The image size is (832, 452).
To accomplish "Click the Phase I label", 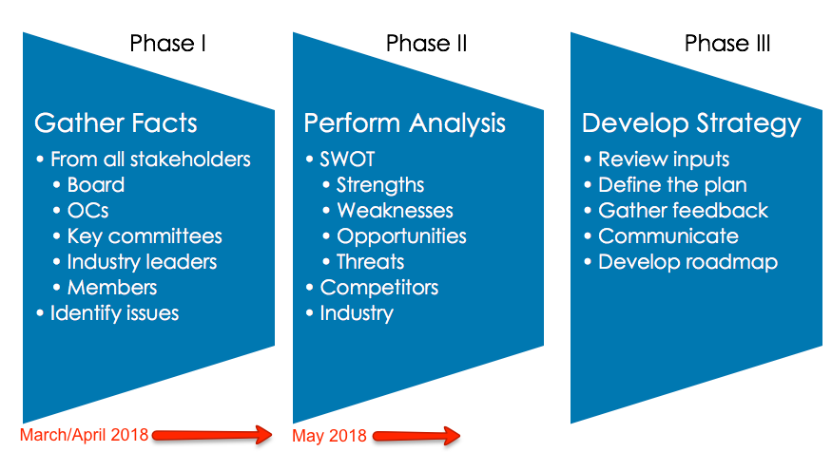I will pyautogui.click(x=168, y=43).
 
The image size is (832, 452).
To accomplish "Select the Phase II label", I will pyautogui.click(x=426, y=43).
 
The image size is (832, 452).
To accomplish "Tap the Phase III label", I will pyautogui.click(x=727, y=43).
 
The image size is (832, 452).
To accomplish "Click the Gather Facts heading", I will pyautogui.click(x=116, y=122).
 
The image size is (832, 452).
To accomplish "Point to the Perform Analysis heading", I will pyautogui.click(x=404, y=122).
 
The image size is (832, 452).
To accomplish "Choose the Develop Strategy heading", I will pyautogui.click(x=691, y=123).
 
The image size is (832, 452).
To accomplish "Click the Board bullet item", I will pyautogui.click(x=95, y=184).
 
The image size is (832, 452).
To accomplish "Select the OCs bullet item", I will pyautogui.click(x=89, y=210).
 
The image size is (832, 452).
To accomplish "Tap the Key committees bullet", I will pyautogui.click(x=144, y=235).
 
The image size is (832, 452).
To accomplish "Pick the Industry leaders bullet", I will pyautogui.click(x=142, y=261).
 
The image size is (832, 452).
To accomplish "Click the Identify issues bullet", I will pyautogui.click(x=114, y=312).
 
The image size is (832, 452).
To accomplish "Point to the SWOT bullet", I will pyautogui.click(x=347, y=159).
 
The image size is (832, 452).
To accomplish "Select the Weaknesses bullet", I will pyautogui.click(x=395, y=210).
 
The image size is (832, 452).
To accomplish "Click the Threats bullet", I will pyautogui.click(x=370, y=261).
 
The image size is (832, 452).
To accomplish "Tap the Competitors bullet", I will pyautogui.click(x=377, y=287).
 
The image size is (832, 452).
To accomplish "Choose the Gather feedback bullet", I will pyautogui.click(x=683, y=210).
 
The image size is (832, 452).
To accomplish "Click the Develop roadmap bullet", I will pyautogui.click(x=687, y=261).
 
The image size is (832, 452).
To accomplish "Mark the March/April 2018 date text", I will pyautogui.click(x=84, y=435).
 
